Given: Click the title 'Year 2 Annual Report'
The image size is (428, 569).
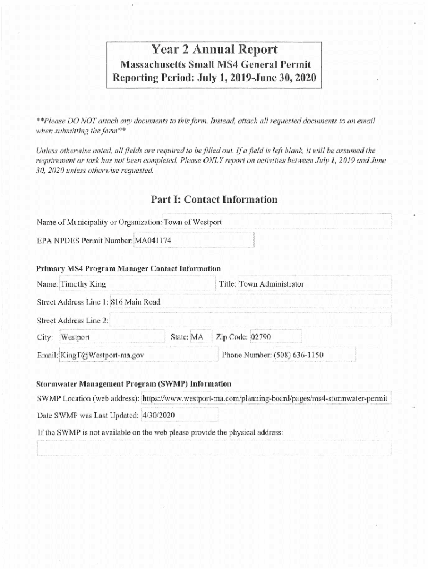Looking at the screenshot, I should [213, 50].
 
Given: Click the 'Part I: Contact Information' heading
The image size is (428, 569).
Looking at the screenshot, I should [213, 199].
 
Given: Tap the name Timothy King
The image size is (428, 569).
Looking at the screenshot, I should [83, 284].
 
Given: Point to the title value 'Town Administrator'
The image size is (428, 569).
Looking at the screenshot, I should [272, 284].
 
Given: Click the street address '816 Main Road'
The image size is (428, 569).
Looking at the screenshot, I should [136, 302].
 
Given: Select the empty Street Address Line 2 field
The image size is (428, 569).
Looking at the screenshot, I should [250, 321].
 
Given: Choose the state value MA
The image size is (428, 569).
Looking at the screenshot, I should [197, 337].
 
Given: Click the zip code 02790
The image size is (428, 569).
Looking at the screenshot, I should [261, 337].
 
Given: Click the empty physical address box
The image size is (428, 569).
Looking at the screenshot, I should [213, 448].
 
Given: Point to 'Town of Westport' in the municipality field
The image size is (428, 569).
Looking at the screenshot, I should [193, 222].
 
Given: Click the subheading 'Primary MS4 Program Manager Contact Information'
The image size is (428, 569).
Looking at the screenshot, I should [128, 268].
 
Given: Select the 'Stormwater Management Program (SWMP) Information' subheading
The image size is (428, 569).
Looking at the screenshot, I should [133, 383].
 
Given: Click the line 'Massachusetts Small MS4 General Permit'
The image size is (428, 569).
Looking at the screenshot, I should [213, 64].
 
